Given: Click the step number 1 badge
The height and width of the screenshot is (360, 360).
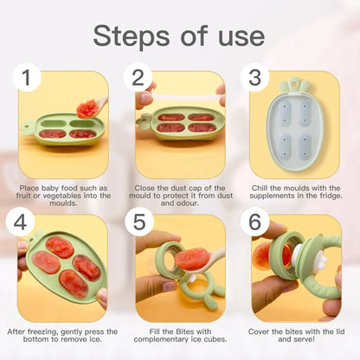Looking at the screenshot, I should (28, 78).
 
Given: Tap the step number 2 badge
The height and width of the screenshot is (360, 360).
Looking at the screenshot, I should (138, 78).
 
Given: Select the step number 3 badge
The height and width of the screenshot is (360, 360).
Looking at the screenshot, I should (254, 78).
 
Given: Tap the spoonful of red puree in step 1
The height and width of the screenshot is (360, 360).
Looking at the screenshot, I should (87, 107).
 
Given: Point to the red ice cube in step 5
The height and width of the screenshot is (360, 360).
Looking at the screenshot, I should (192, 259).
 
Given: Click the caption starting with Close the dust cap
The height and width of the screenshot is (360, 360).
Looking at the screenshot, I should (180, 195).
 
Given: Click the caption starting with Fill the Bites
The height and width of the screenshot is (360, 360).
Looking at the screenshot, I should (180, 336).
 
